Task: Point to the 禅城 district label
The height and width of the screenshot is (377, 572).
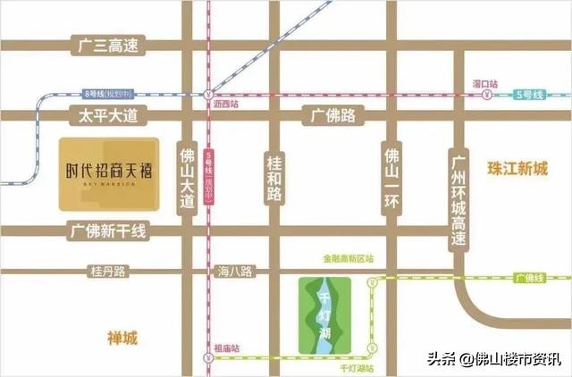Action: [x=122, y=338]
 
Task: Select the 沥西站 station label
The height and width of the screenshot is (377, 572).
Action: [x=227, y=105]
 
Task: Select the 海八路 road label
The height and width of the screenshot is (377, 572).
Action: [x=236, y=270]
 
